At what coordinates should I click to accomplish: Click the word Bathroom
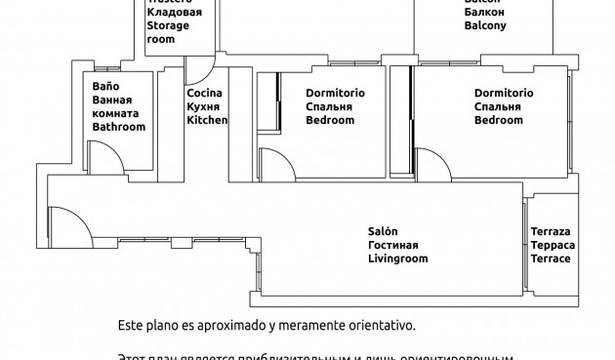[118, 128]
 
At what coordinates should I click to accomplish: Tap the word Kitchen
[207, 121]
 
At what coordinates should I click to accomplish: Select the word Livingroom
[398, 260]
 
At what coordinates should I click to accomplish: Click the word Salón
[383, 231]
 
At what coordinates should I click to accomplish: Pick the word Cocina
[205, 94]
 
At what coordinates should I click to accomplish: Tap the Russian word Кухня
[204, 107]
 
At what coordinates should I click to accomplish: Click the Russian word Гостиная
[393, 246]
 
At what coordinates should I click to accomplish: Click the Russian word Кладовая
[175, 14]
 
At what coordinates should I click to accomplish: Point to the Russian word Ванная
[111, 100]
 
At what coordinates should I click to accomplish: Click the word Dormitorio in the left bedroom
[322, 94]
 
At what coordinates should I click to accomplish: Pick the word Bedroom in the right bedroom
[499, 121]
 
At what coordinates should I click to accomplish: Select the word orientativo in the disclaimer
[382, 322]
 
